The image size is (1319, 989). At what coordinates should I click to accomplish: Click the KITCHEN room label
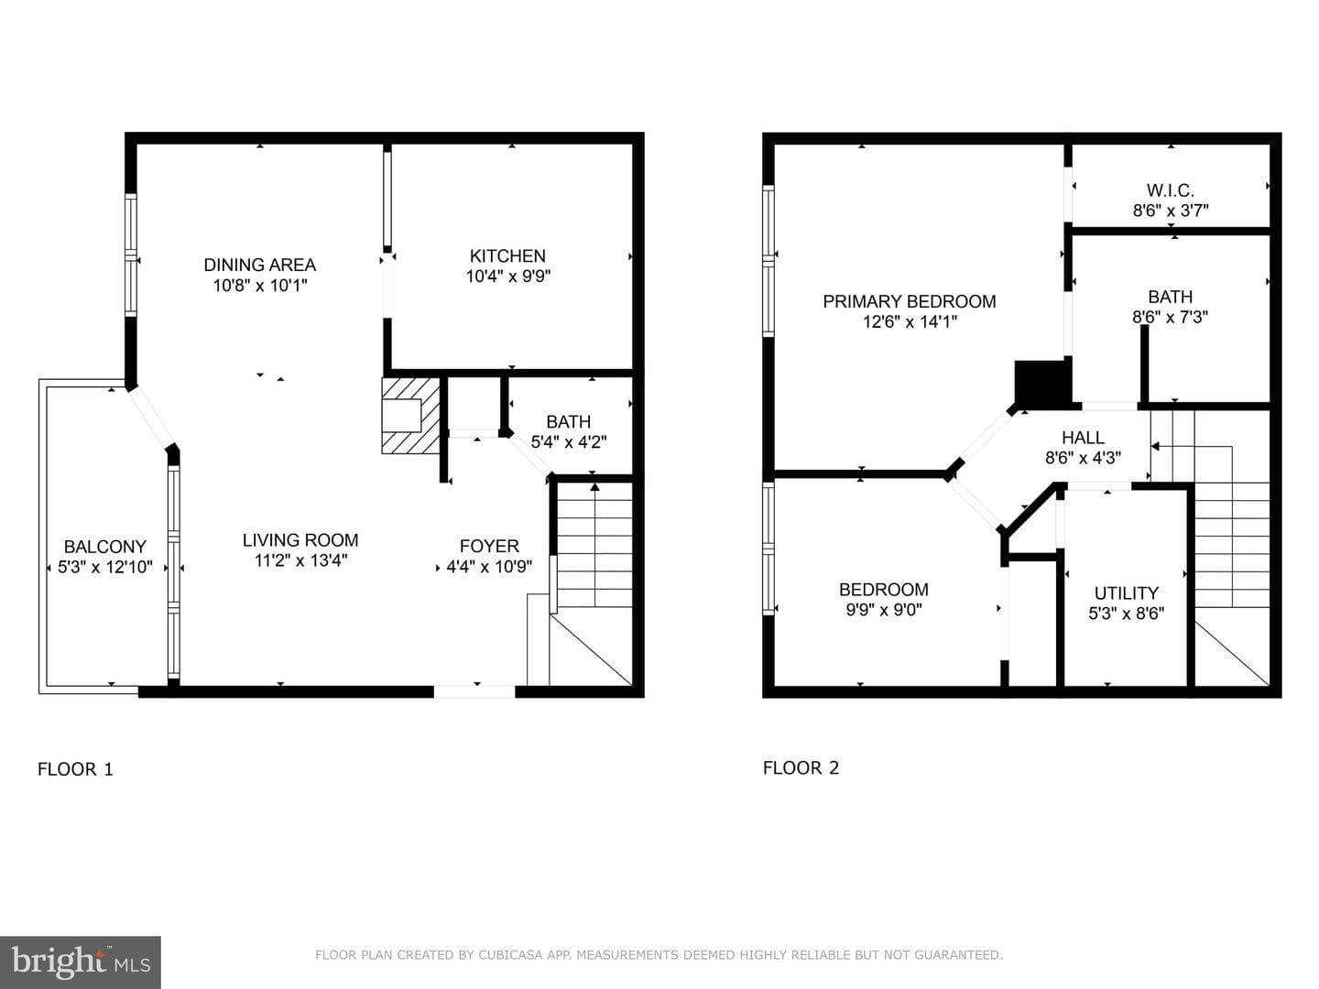pyautogui.click(x=507, y=255)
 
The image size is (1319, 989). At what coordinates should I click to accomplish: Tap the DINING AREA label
pyautogui.click(x=259, y=265)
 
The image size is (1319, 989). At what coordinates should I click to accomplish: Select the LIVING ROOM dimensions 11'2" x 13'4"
pyautogui.click(x=300, y=560)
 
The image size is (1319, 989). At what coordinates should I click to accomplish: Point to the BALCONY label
pyautogui.click(x=105, y=547)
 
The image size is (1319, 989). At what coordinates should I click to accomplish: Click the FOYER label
pyautogui.click(x=489, y=546)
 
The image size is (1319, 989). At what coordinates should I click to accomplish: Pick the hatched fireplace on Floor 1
pyautogui.click(x=411, y=416)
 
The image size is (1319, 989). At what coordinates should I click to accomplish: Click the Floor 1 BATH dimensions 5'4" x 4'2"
pyautogui.click(x=569, y=442)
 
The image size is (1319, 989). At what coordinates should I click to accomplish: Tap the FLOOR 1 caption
pyautogui.click(x=75, y=769)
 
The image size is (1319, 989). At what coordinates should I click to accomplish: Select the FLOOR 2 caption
pyautogui.click(x=801, y=767)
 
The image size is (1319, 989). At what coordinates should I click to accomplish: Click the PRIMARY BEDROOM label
pyautogui.click(x=910, y=301)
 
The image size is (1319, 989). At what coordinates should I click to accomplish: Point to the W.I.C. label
pyautogui.click(x=1170, y=190)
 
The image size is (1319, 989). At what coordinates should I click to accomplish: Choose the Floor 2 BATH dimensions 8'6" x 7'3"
pyautogui.click(x=1170, y=317)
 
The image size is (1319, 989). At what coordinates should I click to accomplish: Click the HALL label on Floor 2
pyautogui.click(x=1083, y=437)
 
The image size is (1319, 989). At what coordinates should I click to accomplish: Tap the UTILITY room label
pyautogui.click(x=1126, y=593)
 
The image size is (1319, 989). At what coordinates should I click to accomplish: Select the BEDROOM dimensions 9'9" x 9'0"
pyautogui.click(x=883, y=610)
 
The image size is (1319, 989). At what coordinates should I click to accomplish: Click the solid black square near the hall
pyautogui.click(x=1042, y=381)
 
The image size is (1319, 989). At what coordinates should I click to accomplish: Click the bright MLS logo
pyautogui.click(x=81, y=962)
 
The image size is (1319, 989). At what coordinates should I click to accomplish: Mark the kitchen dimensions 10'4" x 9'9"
pyautogui.click(x=508, y=277)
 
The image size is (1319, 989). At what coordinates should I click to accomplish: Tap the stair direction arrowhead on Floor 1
pyautogui.click(x=594, y=486)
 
